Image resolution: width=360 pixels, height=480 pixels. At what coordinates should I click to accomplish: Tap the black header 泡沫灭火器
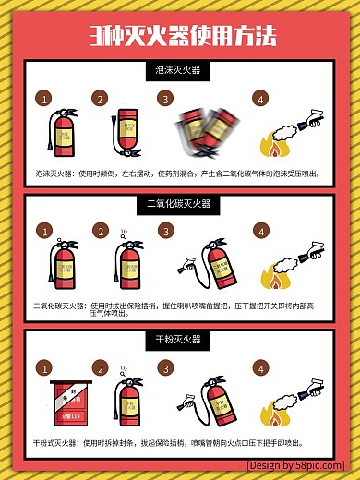click(180, 69)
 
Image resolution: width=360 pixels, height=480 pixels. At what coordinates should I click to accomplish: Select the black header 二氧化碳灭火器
click(180, 203)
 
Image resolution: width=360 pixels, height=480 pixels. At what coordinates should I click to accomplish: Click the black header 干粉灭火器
click(180, 341)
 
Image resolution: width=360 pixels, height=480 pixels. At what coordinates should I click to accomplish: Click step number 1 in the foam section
click(43, 99)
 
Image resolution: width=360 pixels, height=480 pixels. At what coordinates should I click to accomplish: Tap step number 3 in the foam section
click(165, 99)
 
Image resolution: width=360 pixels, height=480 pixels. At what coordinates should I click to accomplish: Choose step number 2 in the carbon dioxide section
click(100, 231)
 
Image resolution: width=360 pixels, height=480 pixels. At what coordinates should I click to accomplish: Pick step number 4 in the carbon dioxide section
click(261, 231)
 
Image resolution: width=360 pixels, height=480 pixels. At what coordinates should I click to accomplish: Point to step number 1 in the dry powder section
click(43, 369)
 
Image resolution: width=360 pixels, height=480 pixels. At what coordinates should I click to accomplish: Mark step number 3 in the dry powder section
click(165, 369)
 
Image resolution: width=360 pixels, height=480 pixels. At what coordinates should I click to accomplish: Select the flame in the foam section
click(272, 146)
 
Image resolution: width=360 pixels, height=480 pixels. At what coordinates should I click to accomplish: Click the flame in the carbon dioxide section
click(272, 277)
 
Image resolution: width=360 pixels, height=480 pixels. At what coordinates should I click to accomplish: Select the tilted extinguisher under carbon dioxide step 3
click(217, 265)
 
